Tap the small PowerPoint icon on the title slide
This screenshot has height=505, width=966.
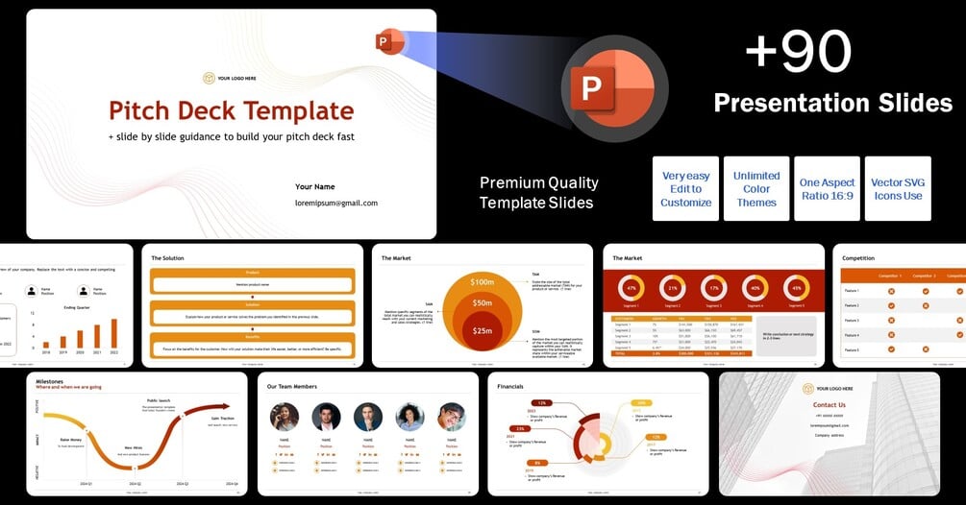pos(389,41)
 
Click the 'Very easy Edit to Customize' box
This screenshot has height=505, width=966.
pos(685,189)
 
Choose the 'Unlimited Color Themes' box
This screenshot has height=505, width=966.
pos(756,189)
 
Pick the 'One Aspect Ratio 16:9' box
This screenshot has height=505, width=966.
pos(827,189)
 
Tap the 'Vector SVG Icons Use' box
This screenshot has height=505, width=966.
pos(898,189)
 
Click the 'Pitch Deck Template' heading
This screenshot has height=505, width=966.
pos(231,110)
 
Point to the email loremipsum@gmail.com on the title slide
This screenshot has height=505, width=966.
pos(335,204)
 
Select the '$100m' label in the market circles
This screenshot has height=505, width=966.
pos(482,282)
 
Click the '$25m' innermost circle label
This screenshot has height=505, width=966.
pos(482,331)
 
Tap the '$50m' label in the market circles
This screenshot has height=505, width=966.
pos(482,303)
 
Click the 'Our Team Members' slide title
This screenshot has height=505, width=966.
pos(292,387)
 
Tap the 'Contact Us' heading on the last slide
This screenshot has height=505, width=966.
pos(829,405)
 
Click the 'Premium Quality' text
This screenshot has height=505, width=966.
pos(538,182)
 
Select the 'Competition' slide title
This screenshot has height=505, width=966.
pos(858,258)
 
